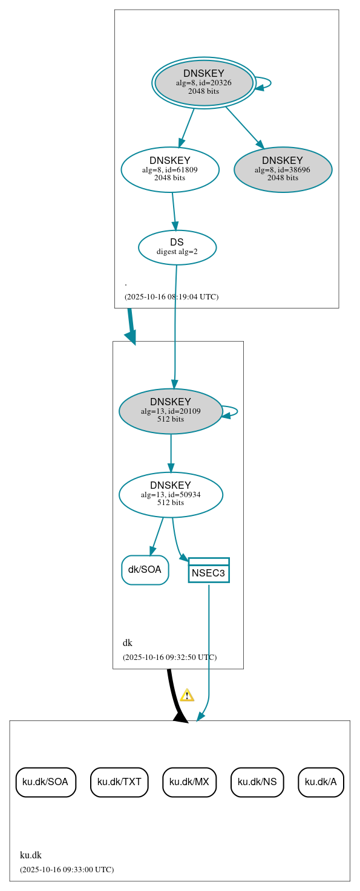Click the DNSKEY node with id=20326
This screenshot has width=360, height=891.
(204, 83)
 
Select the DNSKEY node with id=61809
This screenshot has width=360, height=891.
(170, 170)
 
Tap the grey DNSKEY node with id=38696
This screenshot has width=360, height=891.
(283, 170)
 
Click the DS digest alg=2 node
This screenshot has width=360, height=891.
(177, 247)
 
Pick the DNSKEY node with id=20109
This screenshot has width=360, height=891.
(171, 411)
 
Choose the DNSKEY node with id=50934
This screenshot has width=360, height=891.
(171, 495)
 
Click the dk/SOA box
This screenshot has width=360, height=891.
(145, 570)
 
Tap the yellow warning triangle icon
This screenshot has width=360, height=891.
(187, 695)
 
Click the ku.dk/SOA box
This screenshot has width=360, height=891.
(45, 782)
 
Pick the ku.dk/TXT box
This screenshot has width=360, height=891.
(119, 782)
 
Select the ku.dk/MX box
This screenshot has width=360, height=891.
(189, 782)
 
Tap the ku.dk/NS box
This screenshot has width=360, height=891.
(257, 782)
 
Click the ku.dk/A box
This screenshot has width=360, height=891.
(321, 782)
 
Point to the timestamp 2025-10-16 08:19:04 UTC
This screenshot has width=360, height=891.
(171, 297)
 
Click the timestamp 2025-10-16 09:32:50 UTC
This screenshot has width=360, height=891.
(169, 657)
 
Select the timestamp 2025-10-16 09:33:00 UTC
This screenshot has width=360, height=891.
(67, 870)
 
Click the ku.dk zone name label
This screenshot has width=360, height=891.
(31, 855)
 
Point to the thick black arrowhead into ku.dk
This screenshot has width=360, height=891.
(181, 717)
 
